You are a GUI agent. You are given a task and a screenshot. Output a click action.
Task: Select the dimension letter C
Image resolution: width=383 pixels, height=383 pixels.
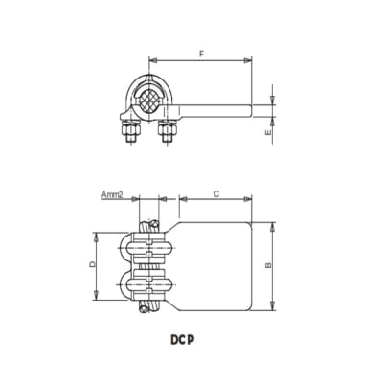click(215, 193)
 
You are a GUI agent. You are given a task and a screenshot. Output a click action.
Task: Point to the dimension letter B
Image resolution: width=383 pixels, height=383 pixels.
click(269, 265)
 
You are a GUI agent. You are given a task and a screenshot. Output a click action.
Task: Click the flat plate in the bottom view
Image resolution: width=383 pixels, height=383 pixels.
click(213, 265)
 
